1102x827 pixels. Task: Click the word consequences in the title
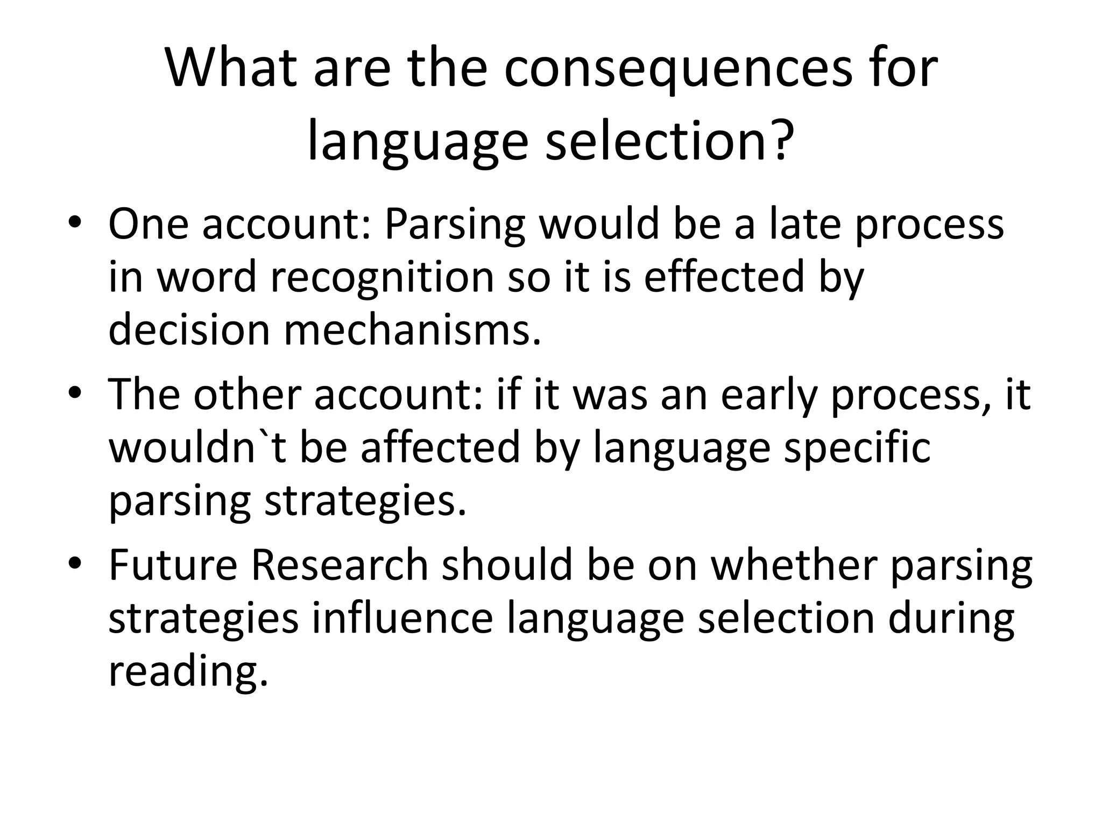pos(677,70)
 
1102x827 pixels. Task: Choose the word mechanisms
pos(412,330)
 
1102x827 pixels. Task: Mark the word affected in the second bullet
pos(440,447)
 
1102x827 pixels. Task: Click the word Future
pos(173,565)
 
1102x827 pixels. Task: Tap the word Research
pos(340,565)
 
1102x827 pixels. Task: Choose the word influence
pos(402,618)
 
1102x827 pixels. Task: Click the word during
pos(951,618)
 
